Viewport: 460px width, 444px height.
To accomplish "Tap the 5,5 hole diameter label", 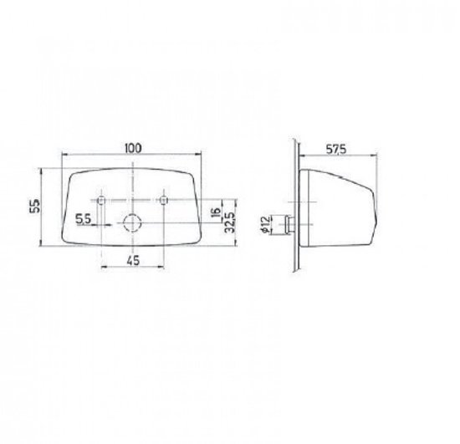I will point(83,218).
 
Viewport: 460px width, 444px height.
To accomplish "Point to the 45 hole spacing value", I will point(134,259).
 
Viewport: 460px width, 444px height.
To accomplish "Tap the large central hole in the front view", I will point(133,222).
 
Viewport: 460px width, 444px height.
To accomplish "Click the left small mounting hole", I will point(102,202).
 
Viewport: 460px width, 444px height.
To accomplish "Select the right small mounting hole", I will point(165,202).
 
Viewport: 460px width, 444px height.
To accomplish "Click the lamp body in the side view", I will point(339,209).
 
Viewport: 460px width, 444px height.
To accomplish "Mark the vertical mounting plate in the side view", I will point(295,209).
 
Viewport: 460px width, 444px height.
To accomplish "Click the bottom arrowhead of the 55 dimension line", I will point(42,247).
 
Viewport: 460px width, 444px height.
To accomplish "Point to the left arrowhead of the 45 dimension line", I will point(104,267).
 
